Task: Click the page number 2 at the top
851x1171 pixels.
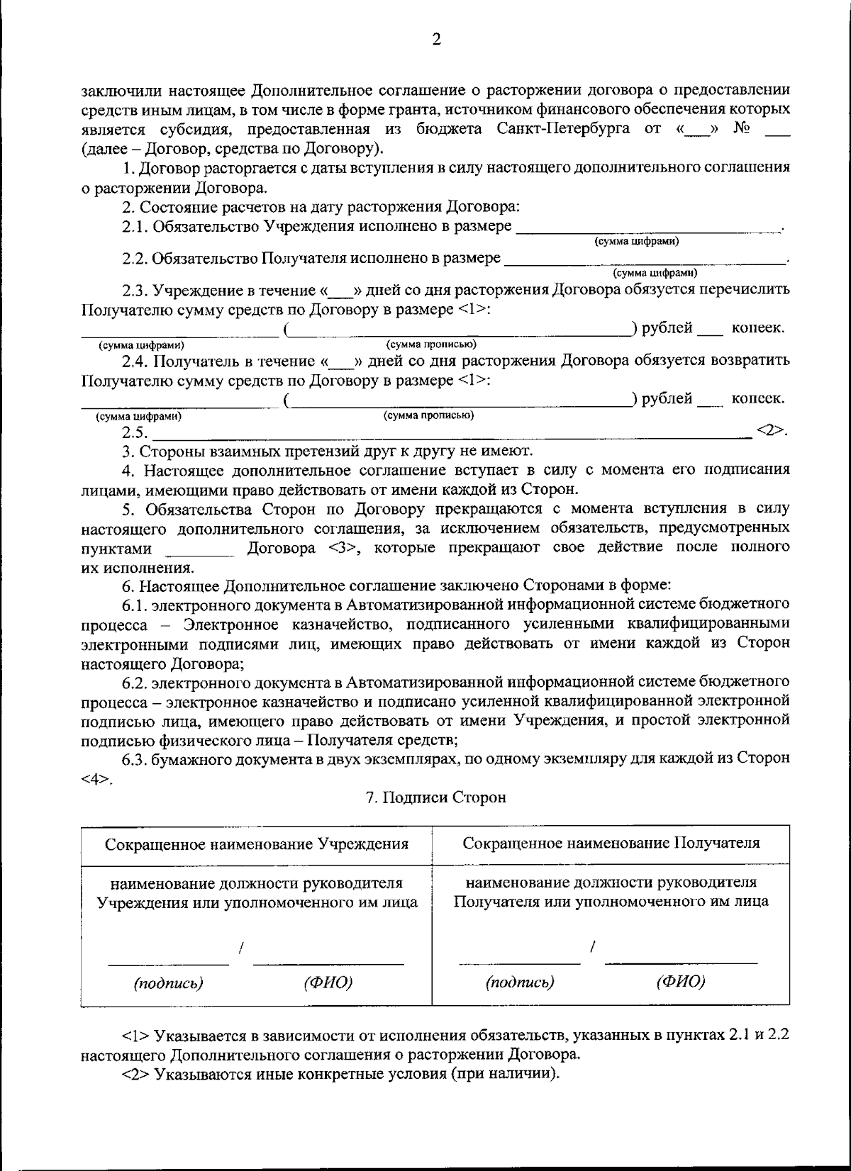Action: point(436,40)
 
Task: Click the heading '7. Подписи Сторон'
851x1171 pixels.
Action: point(435,797)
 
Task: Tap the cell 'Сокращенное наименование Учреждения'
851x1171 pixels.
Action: point(257,844)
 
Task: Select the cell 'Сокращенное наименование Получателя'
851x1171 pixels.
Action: point(611,843)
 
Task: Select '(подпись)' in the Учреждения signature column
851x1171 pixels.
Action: point(169,983)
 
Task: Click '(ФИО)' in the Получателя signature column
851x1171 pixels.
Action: point(681,982)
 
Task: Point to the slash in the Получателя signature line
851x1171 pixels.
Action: point(592,947)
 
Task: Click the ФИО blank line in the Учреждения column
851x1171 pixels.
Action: point(328,963)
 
